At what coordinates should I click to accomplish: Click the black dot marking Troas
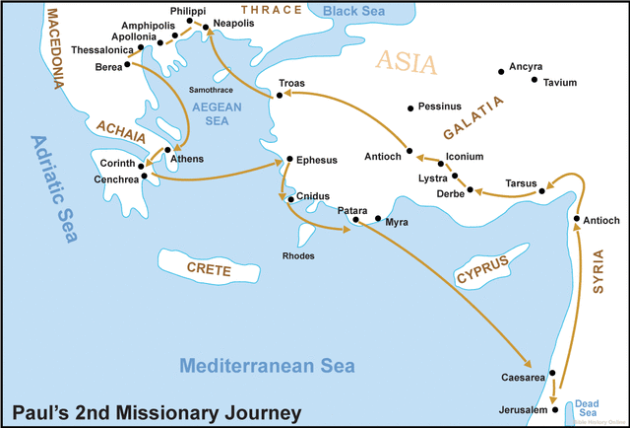[x=281, y=96]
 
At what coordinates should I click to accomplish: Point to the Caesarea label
[x=522, y=377]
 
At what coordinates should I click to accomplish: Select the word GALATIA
[x=472, y=117]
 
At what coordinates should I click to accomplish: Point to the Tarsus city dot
[x=542, y=193]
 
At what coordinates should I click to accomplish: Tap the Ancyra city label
[x=524, y=67]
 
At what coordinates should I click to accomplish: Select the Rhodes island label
[x=299, y=255]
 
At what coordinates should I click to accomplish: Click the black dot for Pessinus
[x=410, y=105]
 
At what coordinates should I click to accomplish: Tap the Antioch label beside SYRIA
[x=601, y=220]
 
